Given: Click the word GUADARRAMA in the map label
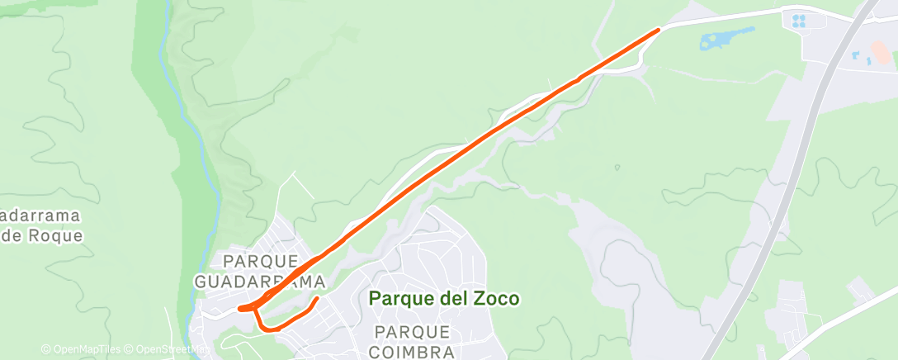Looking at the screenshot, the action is point(258,282).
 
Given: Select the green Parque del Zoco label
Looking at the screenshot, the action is point(444,298).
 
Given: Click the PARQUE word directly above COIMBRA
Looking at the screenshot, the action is point(412,332).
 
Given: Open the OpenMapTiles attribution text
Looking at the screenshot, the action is point(81,349).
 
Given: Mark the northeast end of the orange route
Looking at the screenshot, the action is point(659,30).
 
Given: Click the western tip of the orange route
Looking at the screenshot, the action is point(239,309).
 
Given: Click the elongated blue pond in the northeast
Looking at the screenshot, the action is point(727,38).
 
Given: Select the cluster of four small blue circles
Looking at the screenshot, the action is point(798,21).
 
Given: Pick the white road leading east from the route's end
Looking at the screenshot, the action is point(726,15).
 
